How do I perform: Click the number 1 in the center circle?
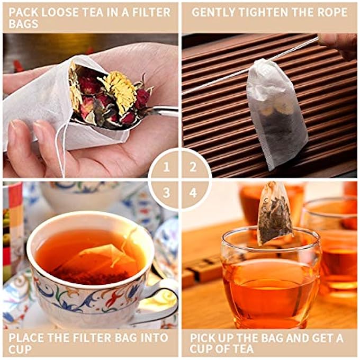coord(167,167)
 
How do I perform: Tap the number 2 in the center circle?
coord(193,167)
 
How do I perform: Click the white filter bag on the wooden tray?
coord(269,112)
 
